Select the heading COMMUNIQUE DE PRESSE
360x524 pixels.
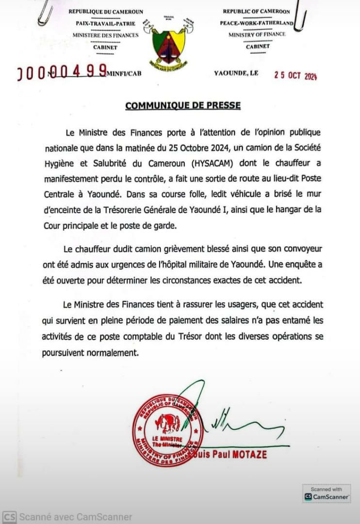coord(183,105)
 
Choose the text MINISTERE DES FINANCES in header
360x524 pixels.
coord(105,35)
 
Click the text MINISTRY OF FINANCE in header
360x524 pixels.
coord(257,34)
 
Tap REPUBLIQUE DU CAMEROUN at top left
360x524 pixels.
coord(105,11)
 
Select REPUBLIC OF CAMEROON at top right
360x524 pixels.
coord(256,11)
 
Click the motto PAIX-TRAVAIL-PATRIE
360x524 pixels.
coord(105,23)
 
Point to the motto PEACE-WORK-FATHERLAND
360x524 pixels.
coord(257,23)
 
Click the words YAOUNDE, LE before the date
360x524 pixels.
coord(236,73)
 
